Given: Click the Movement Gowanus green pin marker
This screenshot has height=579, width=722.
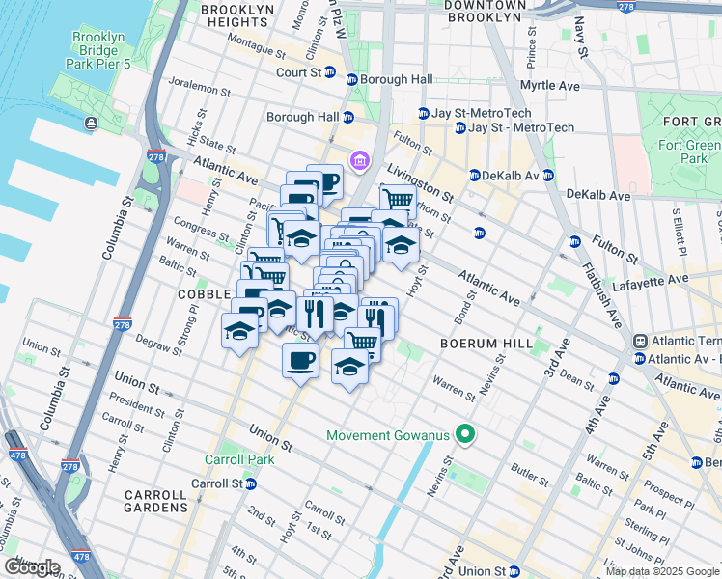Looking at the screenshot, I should pos(465,435).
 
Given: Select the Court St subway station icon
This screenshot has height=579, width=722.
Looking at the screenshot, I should pos(329,72).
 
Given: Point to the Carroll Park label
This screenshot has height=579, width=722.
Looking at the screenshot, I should pos(238,459).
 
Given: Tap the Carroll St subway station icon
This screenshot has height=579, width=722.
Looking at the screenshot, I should pos(235,483).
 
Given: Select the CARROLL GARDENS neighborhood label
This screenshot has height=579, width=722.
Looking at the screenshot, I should pos(155,500).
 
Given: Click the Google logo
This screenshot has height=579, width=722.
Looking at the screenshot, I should pos(31,567).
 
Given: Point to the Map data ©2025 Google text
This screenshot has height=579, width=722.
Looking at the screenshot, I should pos(662,571).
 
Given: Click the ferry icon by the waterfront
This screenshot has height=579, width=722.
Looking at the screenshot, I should pos(90,123).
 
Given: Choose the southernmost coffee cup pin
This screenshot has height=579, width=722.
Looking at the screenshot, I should pos(299,362).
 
